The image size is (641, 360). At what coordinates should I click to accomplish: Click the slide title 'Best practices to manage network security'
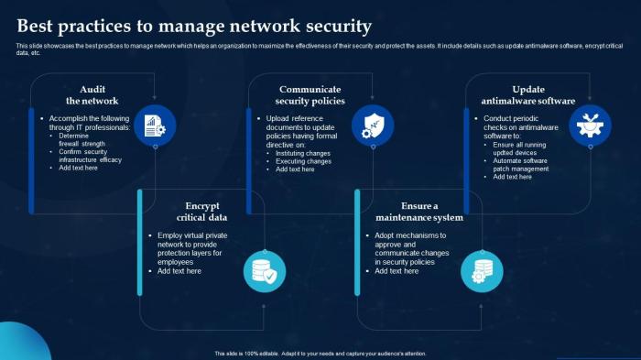[x=194, y=26]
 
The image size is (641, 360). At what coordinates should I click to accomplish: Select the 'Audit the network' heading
[x=92, y=95]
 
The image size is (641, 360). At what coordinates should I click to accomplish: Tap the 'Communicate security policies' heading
[x=310, y=95]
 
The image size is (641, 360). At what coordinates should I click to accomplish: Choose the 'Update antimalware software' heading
[x=529, y=95]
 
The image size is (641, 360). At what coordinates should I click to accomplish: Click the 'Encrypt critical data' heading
[x=201, y=212]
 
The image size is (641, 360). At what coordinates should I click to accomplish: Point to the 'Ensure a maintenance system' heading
[x=418, y=212]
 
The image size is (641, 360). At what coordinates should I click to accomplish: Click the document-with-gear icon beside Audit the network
[x=154, y=125]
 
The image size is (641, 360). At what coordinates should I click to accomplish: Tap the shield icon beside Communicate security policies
[x=373, y=125]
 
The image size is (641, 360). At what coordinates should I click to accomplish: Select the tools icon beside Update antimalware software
[x=590, y=125]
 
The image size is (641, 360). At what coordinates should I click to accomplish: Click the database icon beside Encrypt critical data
[x=264, y=271]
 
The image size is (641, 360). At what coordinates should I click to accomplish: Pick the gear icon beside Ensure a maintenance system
[x=482, y=271]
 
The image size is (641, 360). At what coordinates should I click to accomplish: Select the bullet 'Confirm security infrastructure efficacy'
[x=90, y=155]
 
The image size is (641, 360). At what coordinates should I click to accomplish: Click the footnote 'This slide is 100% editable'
[x=320, y=354]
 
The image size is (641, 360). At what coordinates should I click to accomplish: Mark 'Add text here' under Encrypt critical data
[x=179, y=271]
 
